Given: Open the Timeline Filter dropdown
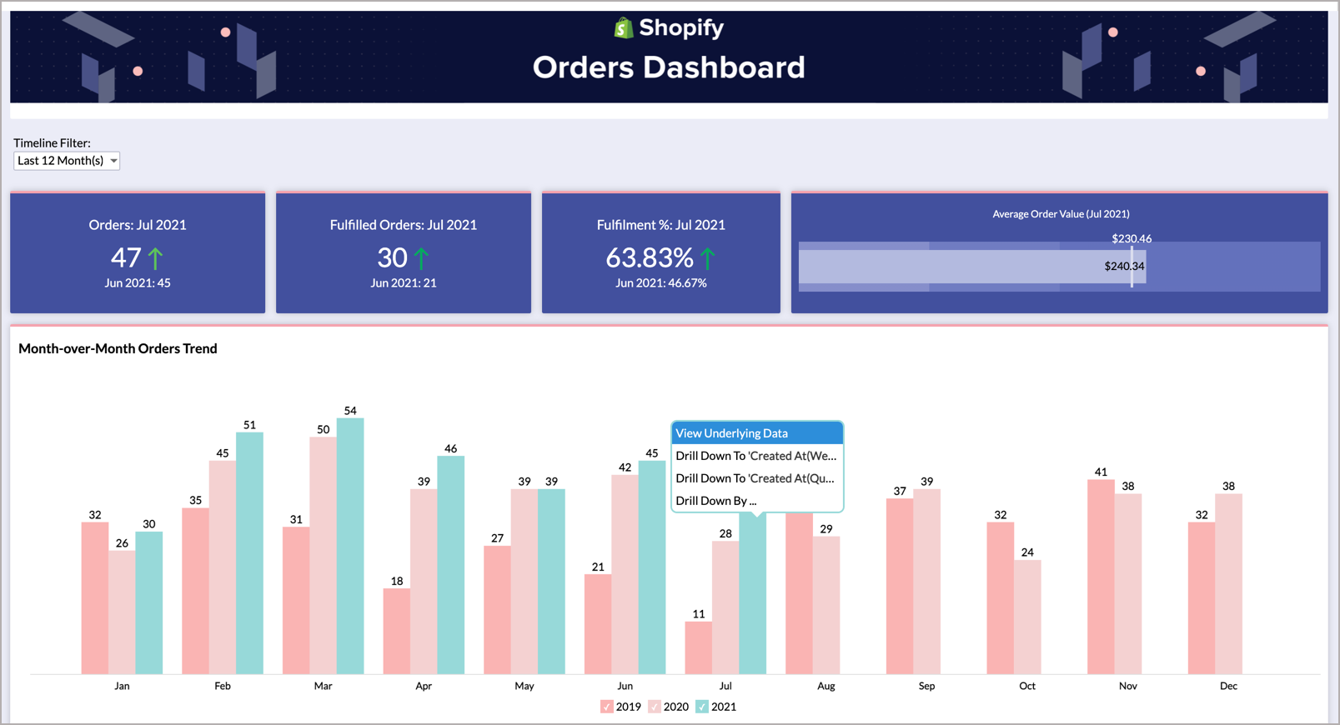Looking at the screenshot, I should [67, 161].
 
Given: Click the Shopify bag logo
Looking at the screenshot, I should [623, 28].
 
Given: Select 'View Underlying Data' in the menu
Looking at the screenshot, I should [756, 433].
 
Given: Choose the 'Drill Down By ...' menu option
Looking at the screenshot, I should [716, 501].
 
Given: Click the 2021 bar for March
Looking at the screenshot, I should [350, 546].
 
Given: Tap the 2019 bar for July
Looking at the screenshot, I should [698, 647].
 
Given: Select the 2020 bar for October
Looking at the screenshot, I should [1027, 617].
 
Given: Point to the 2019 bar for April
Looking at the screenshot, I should [397, 631].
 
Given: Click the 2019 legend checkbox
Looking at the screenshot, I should [606, 707].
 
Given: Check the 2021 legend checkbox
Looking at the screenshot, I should [702, 707].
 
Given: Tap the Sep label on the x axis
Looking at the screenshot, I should [926, 686].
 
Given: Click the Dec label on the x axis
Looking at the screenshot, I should [1228, 686].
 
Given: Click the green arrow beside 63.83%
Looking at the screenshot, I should [708, 258].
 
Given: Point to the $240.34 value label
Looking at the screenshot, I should [1123, 267].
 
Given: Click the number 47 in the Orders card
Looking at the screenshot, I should [126, 258].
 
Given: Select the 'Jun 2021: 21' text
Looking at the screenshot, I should [404, 283].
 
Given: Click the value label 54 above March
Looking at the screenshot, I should [350, 411].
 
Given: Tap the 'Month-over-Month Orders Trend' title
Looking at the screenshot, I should [118, 348].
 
